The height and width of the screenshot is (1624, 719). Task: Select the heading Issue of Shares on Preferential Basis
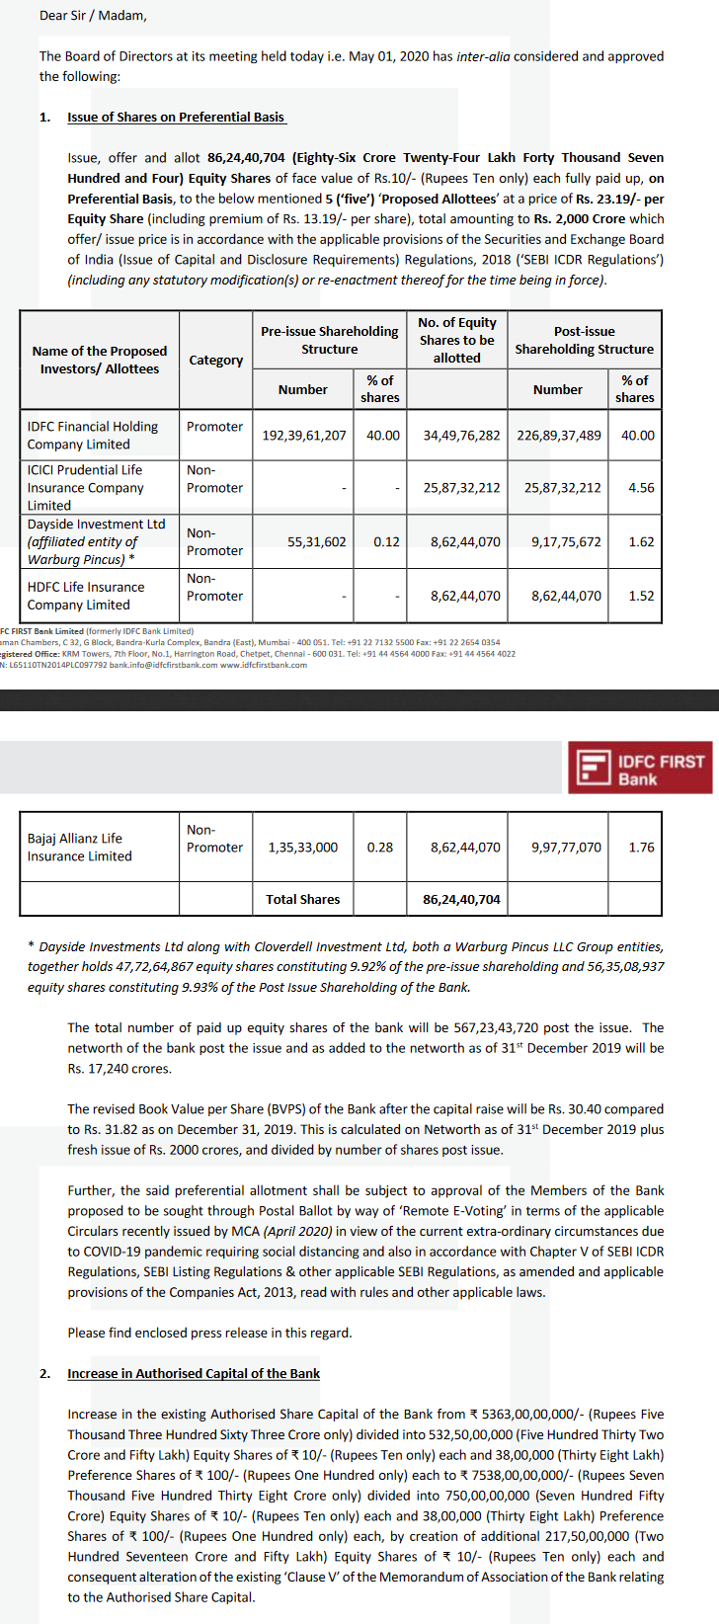pyautogui.click(x=176, y=117)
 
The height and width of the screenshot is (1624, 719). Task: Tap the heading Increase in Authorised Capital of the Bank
pyautogui.click(x=194, y=1373)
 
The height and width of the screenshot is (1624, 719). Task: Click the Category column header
pyautogui.click(x=215, y=360)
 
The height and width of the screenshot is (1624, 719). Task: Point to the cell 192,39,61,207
pyautogui.click(x=303, y=435)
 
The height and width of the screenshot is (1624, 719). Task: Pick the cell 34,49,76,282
pyautogui.click(x=461, y=435)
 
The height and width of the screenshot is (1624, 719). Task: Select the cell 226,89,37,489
pyautogui.click(x=558, y=435)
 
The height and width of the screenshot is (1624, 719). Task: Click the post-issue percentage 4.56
pyautogui.click(x=641, y=488)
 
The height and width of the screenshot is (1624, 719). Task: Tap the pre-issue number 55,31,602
pyautogui.click(x=317, y=541)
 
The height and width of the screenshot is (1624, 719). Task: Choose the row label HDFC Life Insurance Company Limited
pyautogui.click(x=86, y=596)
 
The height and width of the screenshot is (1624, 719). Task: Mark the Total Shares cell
pyautogui.click(x=302, y=899)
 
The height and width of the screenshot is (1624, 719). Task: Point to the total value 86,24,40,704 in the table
pyautogui.click(x=461, y=899)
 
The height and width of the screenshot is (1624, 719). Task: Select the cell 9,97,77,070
pyautogui.click(x=566, y=848)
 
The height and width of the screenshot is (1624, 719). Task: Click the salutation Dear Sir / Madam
pyautogui.click(x=93, y=16)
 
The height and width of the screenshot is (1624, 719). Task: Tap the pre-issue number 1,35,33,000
pyautogui.click(x=303, y=848)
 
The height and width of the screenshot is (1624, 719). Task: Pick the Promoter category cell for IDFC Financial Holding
pyautogui.click(x=214, y=427)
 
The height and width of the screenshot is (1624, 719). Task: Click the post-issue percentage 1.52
pyautogui.click(x=641, y=596)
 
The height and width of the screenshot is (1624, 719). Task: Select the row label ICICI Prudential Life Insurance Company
pyautogui.click(x=86, y=488)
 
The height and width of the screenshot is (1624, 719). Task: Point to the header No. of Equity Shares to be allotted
pyautogui.click(x=456, y=340)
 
